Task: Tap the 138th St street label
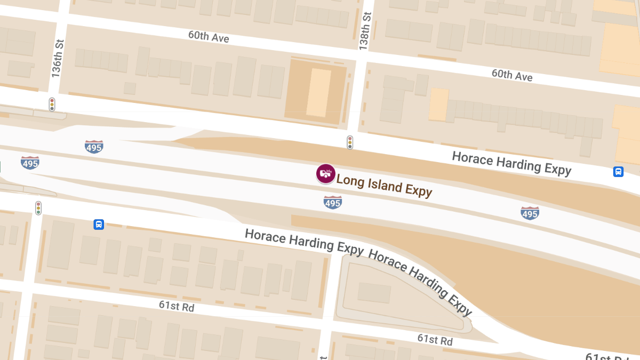[x=364, y=32]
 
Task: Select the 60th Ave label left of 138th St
[x=209, y=36]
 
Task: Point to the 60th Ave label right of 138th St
[x=512, y=75]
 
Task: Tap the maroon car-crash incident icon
[x=325, y=173]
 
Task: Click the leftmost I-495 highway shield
[x=30, y=163]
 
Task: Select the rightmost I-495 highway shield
[x=530, y=213]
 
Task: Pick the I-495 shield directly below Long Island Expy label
[x=332, y=203]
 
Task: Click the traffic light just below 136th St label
[x=52, y=104]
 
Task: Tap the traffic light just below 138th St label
[x=350, y=142]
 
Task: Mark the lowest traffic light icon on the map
[x=38, y=208]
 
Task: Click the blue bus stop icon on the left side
[x=99, y=225]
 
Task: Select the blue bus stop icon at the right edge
[x=618, y=172]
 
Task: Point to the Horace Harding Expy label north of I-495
[x=511, y=163]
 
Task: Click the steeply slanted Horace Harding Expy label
[x=420, y=282]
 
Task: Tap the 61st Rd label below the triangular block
[x=435, y=340]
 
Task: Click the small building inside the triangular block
[x=374, y=293]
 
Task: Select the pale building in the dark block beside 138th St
[x=318, y=92]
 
